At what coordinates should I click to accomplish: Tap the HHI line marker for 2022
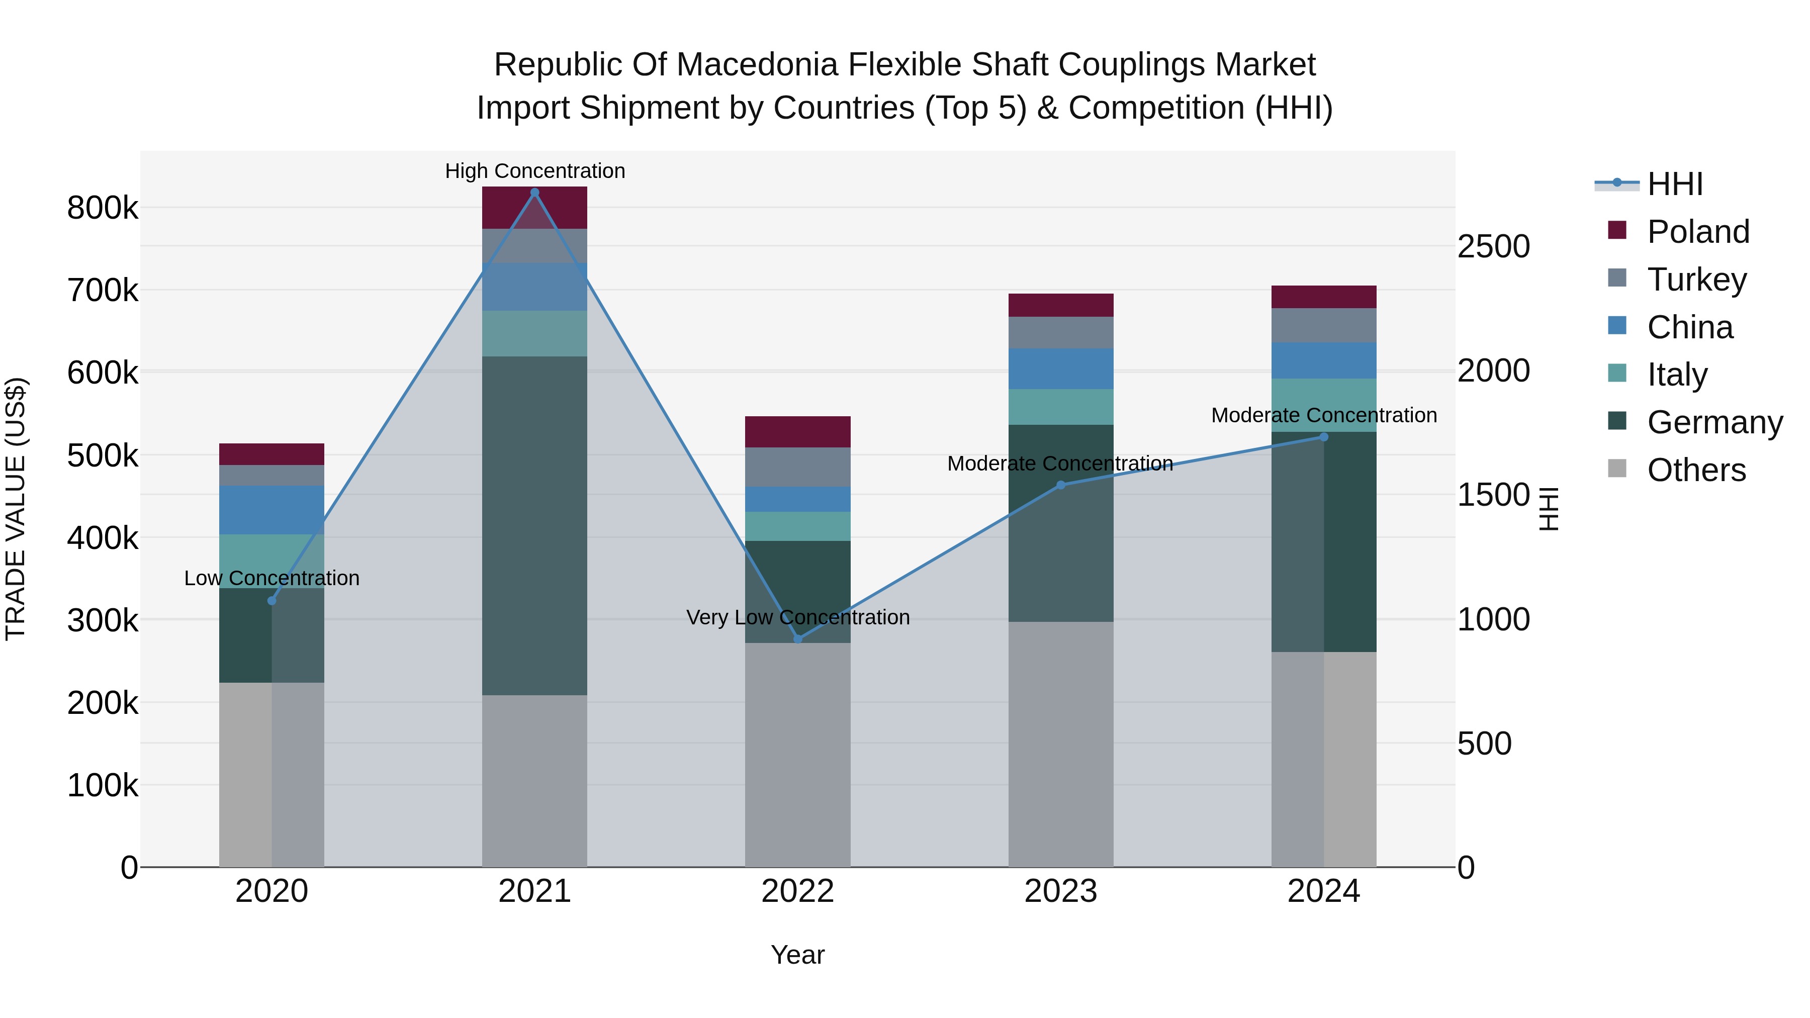pos(797,638)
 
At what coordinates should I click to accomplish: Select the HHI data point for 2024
pos(1324,437)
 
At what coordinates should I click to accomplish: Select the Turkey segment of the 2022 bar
pos(797,467)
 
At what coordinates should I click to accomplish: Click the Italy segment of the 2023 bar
pos(1061,407)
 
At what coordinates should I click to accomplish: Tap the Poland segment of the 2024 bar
pos(1324,297)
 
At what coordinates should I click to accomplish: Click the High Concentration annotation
pos(535,171)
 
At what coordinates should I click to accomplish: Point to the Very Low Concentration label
pos(797,617)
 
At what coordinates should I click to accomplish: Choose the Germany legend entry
pos(1714,422)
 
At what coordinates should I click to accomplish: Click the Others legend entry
pos(1696,470)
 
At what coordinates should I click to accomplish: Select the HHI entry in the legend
pos(1675,184)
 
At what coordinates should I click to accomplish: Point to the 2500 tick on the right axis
pos(1493,247)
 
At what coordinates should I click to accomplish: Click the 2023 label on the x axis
pos(1061,891)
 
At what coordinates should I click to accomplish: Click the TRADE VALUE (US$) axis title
pos(16,509)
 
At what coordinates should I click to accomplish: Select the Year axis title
pos(797,955)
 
